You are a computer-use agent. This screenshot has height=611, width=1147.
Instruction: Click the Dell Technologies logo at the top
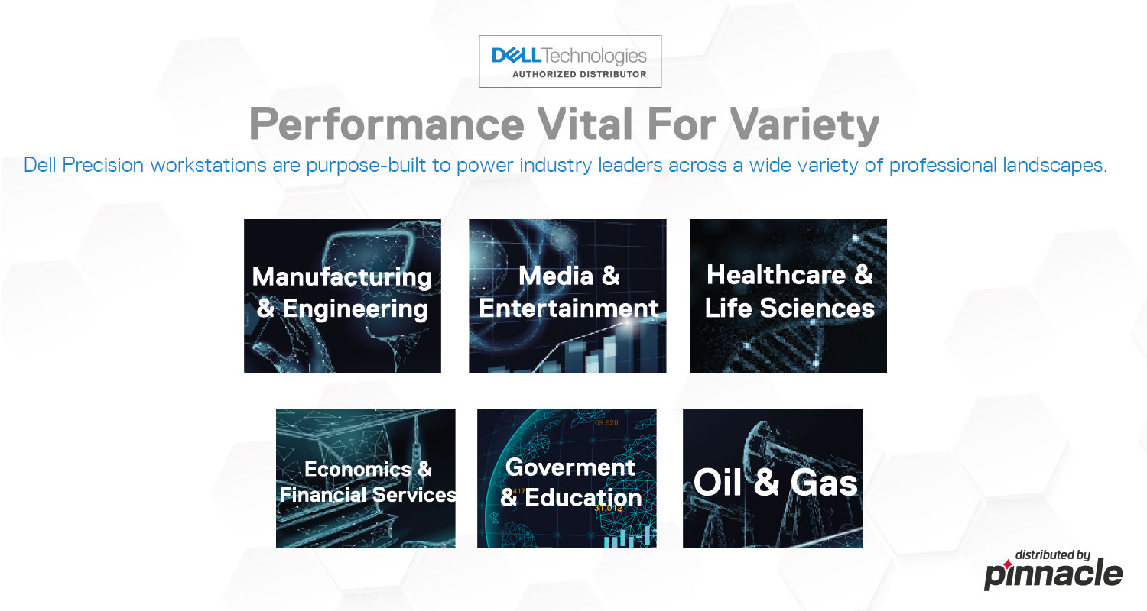coord(570,61)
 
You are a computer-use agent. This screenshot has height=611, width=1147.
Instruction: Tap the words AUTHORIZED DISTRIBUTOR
coord(579,74)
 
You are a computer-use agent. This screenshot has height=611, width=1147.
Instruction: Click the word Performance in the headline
coord(387,124)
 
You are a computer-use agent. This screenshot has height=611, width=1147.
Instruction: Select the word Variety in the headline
coord(804,125)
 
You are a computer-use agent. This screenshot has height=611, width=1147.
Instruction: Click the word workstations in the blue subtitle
coord(208,165)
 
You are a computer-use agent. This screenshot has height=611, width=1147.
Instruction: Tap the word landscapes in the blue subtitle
coord(1054,166)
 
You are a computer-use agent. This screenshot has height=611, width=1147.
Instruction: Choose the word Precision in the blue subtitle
coord(102,165)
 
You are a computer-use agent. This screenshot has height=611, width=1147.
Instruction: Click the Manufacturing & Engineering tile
coord(342,296)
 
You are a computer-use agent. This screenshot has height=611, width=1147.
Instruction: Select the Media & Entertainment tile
coord(567,296)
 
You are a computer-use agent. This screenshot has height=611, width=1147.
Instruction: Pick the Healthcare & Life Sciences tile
coord(788,296)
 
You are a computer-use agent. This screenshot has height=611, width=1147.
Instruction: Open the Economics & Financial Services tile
coord(366,478)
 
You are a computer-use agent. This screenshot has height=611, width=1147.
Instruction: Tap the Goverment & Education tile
coord(567,478)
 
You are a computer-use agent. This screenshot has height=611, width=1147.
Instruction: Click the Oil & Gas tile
coord(772,478)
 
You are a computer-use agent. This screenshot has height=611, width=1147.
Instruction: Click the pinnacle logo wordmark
coord(1053,574)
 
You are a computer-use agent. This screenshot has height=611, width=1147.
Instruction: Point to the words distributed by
coord(1053,554)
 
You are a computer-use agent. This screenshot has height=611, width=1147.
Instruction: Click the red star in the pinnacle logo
coord(1007,564)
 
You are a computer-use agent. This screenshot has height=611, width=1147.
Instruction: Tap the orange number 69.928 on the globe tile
coord(606,423)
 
